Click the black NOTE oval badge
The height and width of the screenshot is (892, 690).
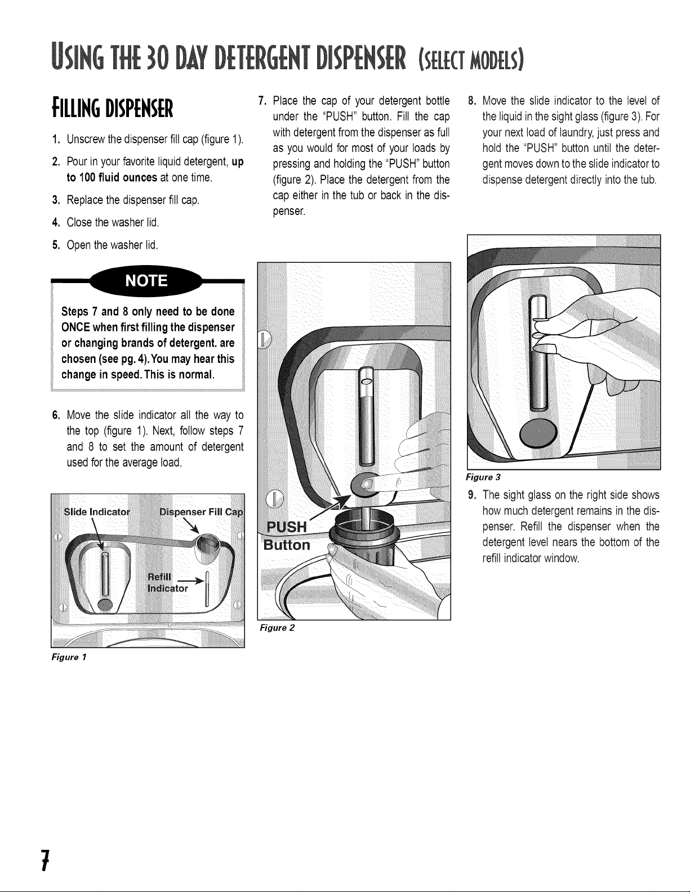click(x=146, y=281)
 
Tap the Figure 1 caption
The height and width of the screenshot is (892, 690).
click(x=69, y=657)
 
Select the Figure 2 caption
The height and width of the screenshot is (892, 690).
click(x=277, y=627)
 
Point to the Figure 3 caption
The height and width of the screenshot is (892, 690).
click(x=483, y=477)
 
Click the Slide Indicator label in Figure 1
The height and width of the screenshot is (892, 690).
click(x=97, y=512)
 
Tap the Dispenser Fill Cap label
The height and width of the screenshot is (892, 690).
click(x=201, y=512)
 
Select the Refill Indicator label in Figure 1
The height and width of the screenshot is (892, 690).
click(x=168, y=582)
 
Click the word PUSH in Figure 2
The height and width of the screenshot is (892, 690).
click(x=286, y=527)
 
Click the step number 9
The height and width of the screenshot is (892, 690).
click(x=471, y=495)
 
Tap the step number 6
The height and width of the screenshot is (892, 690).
click(x=56, y=415)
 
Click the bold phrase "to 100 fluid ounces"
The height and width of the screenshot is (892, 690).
click(x=112, y=177)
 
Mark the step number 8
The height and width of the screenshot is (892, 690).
click(x=471, y=101)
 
